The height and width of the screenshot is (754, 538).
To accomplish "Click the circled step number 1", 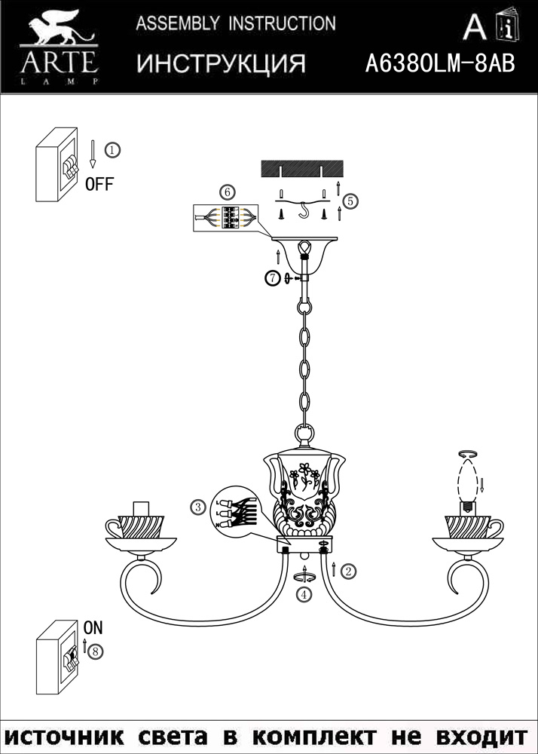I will point(111,150).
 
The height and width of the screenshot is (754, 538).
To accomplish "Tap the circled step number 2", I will point(347,571).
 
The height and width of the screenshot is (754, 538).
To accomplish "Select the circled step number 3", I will point(198,507).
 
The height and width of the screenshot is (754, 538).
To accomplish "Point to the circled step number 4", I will point(304,594).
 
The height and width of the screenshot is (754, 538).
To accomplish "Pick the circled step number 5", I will point(350,201).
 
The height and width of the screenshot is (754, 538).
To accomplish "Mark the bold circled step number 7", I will point(273,278).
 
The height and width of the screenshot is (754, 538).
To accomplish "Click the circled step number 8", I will point(95,651).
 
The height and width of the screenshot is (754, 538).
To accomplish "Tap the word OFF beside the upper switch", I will point(99,184).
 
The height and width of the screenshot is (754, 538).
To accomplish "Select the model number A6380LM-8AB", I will point(439,64).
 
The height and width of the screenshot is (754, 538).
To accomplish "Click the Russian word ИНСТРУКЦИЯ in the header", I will point(221,64).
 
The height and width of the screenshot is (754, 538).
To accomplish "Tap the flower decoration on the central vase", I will point(305,473).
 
